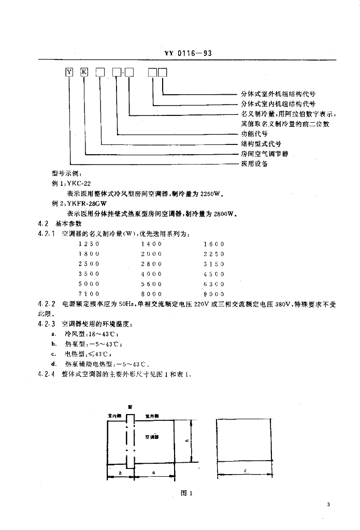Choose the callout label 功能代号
pos(254,134)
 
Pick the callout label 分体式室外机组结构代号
pos(278,94)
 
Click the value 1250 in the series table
pos(89,244)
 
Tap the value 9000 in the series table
pos(214,294)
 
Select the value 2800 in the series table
pos(151,264)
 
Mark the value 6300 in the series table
pos(214,284)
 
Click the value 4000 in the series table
pos(151,274)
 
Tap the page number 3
pos(328,505)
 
